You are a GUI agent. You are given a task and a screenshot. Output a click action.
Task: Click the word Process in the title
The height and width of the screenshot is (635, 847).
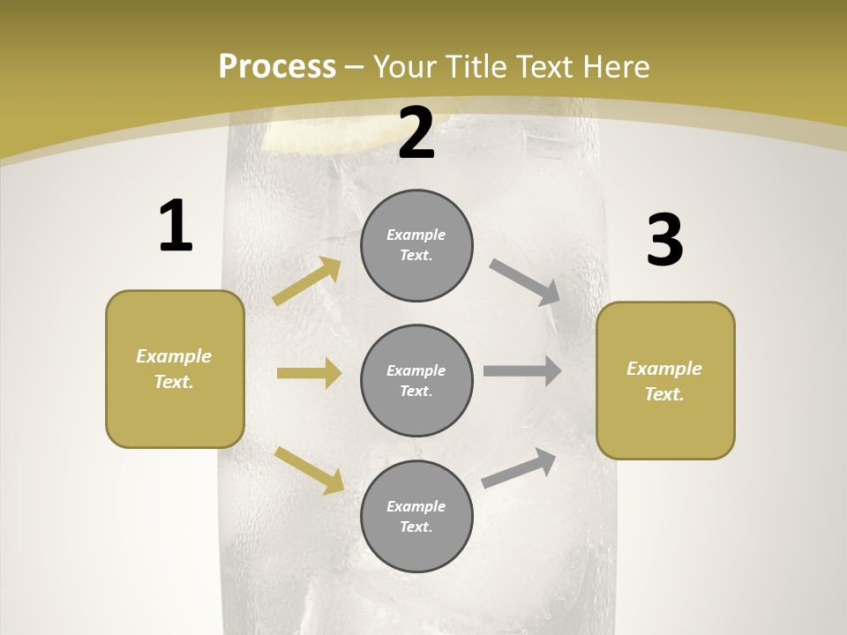pyautogui.click(x=277, y=66)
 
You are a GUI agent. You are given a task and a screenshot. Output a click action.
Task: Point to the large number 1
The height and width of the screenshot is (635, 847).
pyautogui.click(x=176, y=227)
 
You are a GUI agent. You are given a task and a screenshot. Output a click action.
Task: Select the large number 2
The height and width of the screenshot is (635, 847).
pyautogui.click(x=416, y=133)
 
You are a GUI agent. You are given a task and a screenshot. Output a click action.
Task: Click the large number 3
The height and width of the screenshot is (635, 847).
pyautogui.click(x=664, y=240)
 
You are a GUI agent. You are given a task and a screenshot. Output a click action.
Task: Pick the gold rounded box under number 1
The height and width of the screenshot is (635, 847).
pyautogui.click(x=175, y=369)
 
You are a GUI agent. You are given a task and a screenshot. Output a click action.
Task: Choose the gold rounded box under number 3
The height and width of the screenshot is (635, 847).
pyautogui.click(x=665, y=381)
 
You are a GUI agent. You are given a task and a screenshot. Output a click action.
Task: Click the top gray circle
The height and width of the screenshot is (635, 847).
pyautogui.click(x=416, y=245)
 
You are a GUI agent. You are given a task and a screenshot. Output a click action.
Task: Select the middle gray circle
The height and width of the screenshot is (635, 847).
pyautogui.click(x=416, y=381)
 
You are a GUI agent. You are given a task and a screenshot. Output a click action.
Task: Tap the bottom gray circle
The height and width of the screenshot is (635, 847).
pyautogui.click(x=416, y=517)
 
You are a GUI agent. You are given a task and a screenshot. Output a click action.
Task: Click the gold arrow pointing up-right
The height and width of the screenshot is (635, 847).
pyautogui.click(x=307, y=281)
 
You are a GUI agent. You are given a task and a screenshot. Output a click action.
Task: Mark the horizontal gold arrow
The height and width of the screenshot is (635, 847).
pyautogui.click(x=309, y=373)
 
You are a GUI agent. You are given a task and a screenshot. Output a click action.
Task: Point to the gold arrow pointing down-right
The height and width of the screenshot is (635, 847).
pyautogui.click(x=309, y=470)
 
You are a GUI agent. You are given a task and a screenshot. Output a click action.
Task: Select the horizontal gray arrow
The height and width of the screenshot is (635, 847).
pyautogui.click(x=522, y=370)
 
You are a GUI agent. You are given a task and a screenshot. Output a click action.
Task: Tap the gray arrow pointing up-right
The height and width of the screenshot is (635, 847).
pyautogui.click(x=519, y=468)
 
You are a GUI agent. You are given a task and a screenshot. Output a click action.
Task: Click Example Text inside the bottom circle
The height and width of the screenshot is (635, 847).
pyautogui.click(x=416, y=517)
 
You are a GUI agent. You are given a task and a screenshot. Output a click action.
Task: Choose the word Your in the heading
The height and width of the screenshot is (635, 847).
pyautogui.click(x=402, y=66)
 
